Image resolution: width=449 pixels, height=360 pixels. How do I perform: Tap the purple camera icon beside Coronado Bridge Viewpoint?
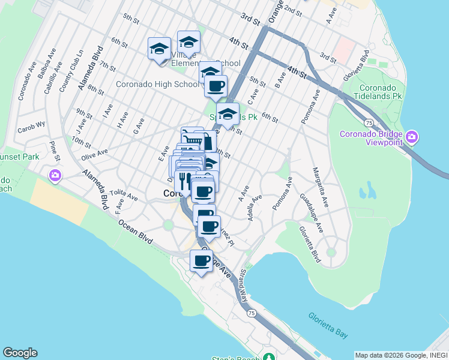pyautogui.click(x=411, y=137)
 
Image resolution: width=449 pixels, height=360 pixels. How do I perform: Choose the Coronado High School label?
pyautogui.click(x=157, y=85)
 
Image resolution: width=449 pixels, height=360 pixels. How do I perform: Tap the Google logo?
pyautogui.click(x=20, y=353)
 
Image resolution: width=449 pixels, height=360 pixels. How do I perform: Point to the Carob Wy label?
pyautogui.click(x=31, y=127)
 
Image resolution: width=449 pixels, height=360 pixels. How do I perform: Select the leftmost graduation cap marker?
pyautogui.click(x=159, y=49)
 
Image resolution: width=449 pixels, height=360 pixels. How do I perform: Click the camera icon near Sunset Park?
pyautogui.click(x=55, y=176)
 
